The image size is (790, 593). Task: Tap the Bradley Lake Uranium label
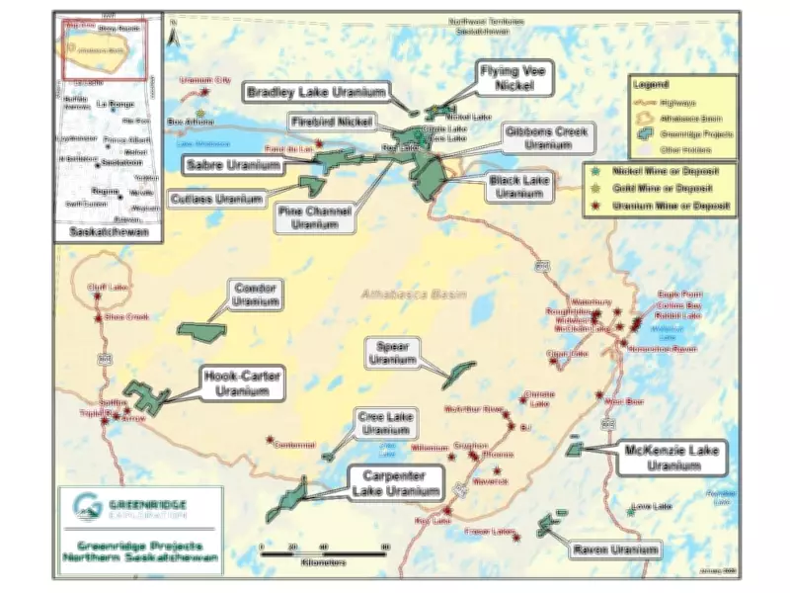(301, 92)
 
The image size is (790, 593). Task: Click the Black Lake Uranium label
(516, 187)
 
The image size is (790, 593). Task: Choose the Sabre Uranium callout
(232, 164)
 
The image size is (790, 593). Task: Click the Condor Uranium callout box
(256, 294)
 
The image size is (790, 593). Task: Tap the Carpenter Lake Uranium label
(394, 484)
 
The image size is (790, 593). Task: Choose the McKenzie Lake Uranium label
(673, 457)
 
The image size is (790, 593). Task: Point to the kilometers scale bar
(323, 553)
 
